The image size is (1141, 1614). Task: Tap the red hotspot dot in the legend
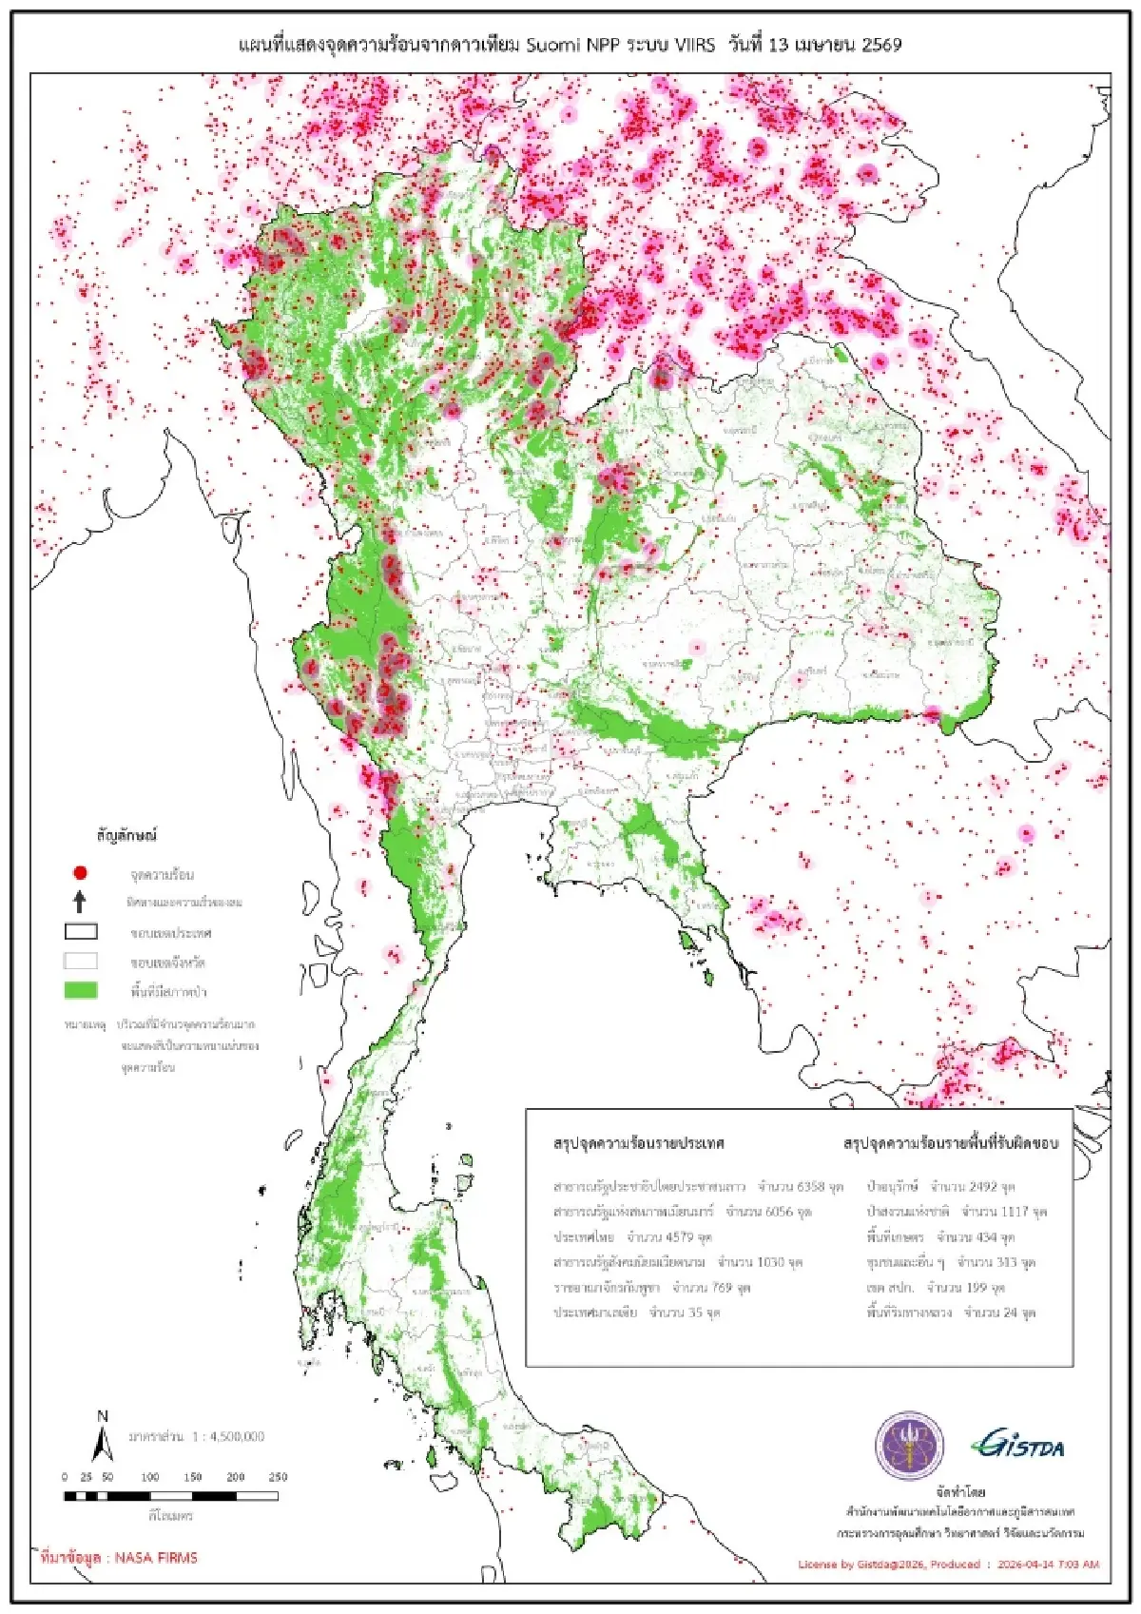click(x=81, y=872)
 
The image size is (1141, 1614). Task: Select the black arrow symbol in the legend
click(x=81, y=901)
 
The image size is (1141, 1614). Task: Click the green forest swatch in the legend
click(x=81, y=990)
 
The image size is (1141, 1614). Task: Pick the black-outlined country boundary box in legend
click(x=81, y=931)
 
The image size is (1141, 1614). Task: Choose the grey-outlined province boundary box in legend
click(x=81, y=961)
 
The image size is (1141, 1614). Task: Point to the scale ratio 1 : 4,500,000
click(x=228, y=1436)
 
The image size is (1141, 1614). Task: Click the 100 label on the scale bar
click(x=150, y=1477)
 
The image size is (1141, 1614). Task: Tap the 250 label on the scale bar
click(x=278, y=1477)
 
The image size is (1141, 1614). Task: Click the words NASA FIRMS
click(x=156, y=1558)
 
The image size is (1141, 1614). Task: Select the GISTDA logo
click(x=1017, y=1446)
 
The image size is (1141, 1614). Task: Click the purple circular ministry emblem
click(x=909, y=1446)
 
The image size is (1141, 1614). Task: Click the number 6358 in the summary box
click(x=810, y=1187)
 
